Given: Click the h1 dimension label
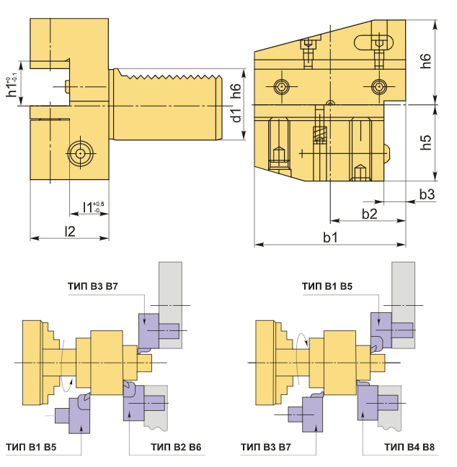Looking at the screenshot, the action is (12, 86).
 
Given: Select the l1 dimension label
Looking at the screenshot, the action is (93, 207).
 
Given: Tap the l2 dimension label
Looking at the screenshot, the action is (71, 231).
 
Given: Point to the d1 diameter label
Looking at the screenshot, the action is (236, 116).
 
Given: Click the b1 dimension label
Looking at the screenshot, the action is (331, 237).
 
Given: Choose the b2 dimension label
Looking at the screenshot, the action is (369, 214).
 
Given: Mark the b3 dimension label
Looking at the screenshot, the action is (427, 194).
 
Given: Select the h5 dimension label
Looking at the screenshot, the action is (426, 142).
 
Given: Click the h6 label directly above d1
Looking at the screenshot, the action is (236, 91).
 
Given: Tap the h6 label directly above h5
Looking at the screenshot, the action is (426, 61).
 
